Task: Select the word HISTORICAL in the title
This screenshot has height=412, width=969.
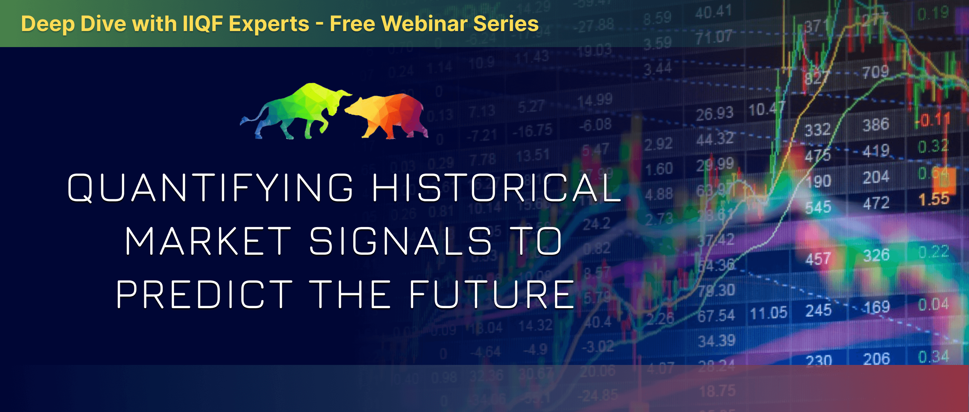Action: click(496, 187)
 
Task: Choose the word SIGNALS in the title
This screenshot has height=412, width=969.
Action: click(401, 241)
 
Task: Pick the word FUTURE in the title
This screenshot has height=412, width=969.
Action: click(491, 294)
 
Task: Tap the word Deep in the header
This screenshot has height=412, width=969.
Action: click(48, 24)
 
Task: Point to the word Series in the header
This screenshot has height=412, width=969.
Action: click(506, 24)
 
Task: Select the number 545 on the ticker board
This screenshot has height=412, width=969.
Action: click(818, 207)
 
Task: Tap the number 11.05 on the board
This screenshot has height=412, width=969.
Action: click(768, 313)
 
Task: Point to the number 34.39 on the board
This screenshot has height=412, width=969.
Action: click(716, 341)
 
